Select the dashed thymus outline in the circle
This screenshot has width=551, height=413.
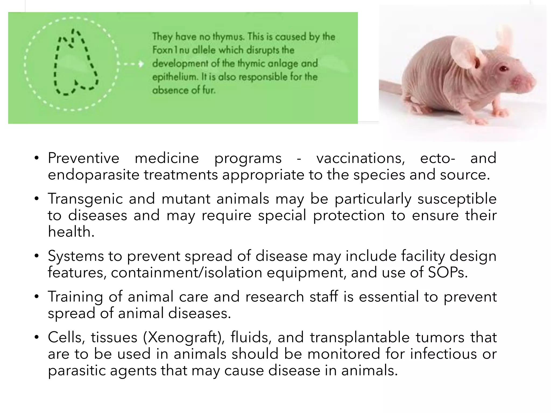click(76, 63)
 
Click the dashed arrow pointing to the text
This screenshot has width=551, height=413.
click(131, 64)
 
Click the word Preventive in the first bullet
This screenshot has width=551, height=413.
click(83, 158)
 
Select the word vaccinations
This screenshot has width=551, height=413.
click(361, 158)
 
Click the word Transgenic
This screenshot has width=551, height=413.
click(85, 199)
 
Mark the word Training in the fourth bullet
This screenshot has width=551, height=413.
click(75, 297)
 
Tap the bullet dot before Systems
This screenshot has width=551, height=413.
click(37, 256)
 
